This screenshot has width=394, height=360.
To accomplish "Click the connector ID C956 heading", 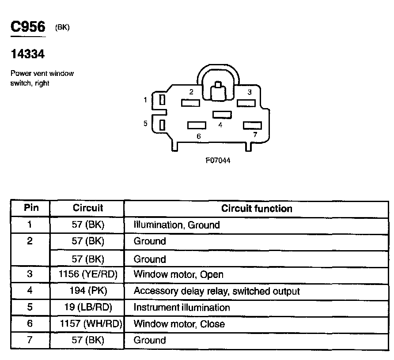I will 28,27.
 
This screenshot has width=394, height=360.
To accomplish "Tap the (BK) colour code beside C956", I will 62,28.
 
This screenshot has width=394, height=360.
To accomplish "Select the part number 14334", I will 27,54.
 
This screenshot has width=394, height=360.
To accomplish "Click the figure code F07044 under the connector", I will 218,161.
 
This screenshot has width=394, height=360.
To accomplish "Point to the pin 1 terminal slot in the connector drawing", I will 162,100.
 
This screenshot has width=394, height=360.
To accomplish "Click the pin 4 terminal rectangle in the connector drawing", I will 222,115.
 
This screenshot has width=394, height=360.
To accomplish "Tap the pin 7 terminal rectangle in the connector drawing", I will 252,126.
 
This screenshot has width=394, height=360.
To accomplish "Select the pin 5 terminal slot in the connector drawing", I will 162,125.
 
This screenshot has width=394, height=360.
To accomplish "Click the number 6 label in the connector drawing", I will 199,136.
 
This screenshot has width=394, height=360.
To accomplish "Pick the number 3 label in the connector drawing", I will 250,92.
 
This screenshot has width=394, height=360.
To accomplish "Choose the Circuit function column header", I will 257,208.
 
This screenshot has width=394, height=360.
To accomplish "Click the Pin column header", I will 30,208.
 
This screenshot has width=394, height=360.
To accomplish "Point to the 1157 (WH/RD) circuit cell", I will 91,324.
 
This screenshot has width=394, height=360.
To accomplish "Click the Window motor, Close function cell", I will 179,324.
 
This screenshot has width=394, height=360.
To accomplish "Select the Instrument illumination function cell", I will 182,307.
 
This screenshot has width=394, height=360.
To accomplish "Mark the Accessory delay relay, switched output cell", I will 216,291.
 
